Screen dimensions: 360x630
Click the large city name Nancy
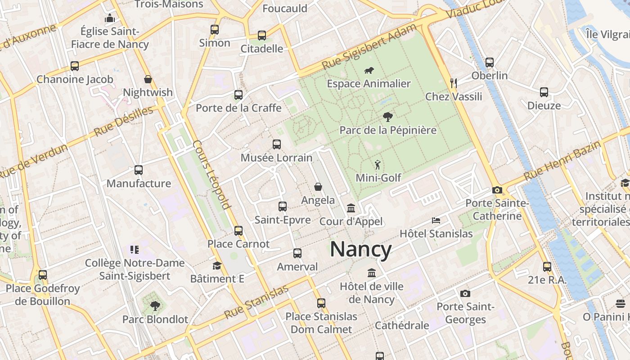coord(361,249)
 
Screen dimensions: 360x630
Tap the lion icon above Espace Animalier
coord(369,70)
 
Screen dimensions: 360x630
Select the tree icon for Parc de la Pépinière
coord(387,117)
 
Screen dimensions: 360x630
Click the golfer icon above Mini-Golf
coord(378,165)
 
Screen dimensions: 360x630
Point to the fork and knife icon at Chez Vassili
coord(454,83)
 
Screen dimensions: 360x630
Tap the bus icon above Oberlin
coord(490,63)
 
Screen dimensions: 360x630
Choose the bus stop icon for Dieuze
coord(544,92)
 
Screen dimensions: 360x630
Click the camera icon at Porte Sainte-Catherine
coord(497,190)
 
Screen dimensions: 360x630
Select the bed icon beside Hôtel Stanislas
coord(436,220)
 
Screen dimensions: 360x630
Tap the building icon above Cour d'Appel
coord(351,208)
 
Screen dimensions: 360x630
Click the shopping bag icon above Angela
coord(318,187)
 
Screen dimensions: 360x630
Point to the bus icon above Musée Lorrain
coord(277,144)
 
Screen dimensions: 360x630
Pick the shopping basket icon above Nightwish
coord(148,79)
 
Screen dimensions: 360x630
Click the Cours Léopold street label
coord(211,175)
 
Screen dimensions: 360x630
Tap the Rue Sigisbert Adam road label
coord(369,47)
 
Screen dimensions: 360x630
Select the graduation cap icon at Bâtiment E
coord(217,265)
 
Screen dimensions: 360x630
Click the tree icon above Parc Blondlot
coord(155,306)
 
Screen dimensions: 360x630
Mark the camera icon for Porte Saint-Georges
coord(465,294)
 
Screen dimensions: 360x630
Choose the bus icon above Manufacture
coord(139,170)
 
